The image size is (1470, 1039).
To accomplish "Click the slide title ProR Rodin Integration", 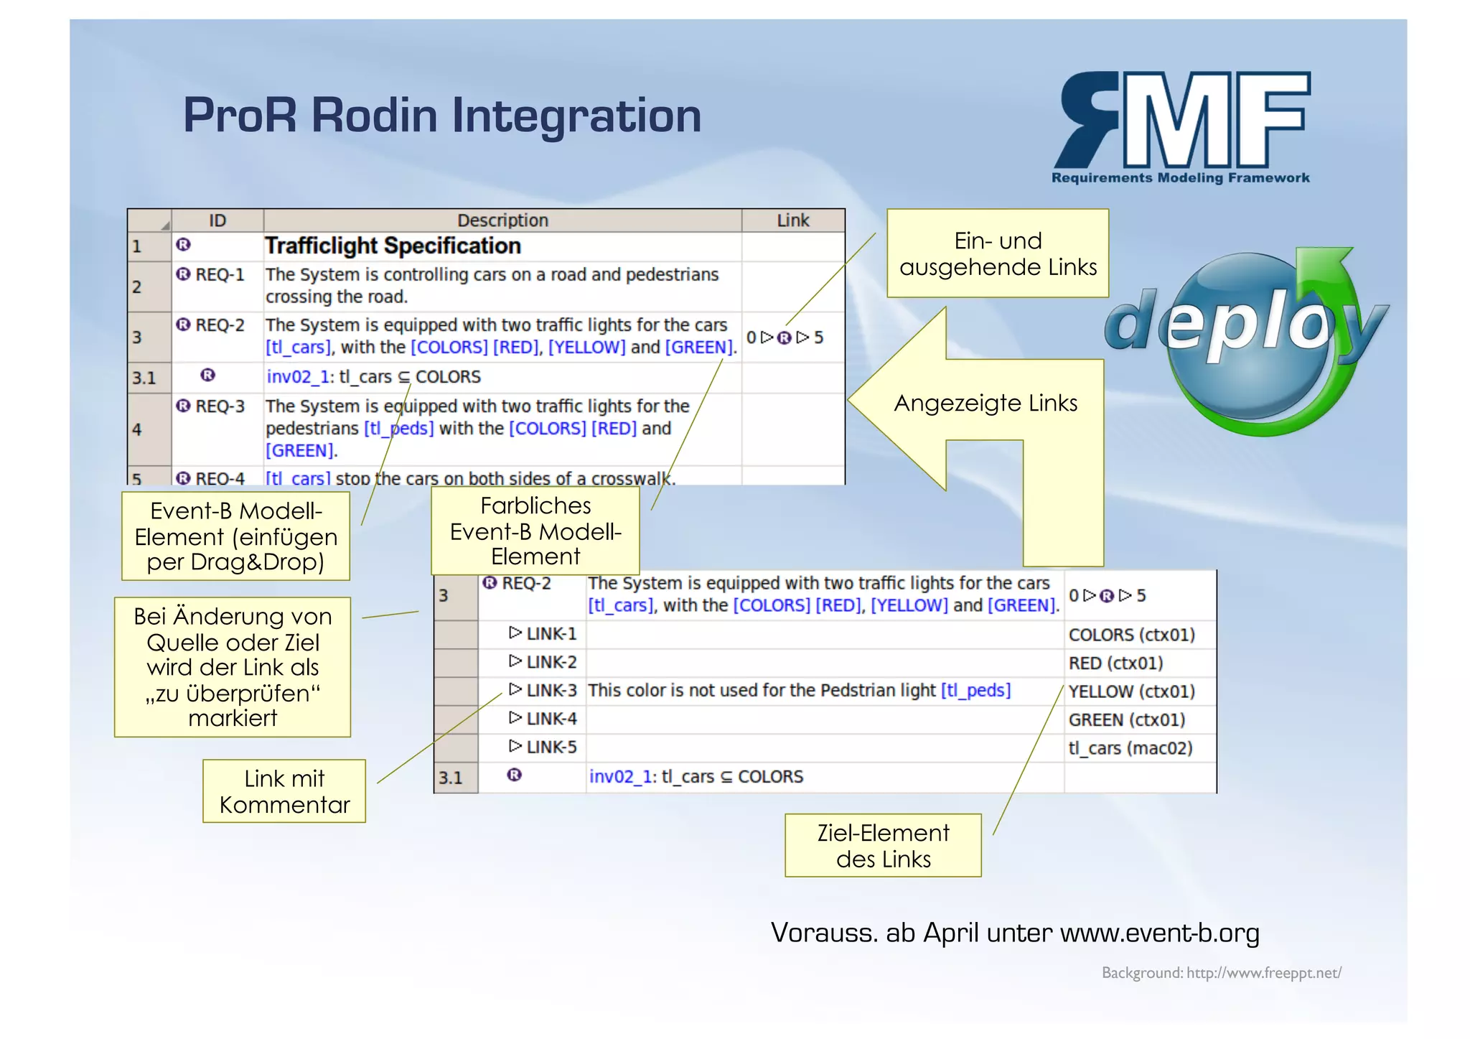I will click(441, 115).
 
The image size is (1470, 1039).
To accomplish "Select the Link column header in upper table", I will click(792, 220).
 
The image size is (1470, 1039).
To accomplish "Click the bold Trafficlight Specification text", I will click(393, 246).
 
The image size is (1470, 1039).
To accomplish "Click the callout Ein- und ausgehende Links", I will click(997, 253).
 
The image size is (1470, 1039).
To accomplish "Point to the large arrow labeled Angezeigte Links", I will click(985, 403).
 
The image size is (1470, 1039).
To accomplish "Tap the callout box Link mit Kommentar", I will click(284, 791).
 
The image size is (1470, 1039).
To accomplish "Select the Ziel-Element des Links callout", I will click(883, 845).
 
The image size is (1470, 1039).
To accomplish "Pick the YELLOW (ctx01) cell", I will click(1131, 691).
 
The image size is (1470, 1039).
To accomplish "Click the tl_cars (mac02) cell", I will click(1130, 748).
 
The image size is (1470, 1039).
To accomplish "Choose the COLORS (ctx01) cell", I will click(1131, 635).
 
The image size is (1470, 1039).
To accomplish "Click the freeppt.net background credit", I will click(1221, 973).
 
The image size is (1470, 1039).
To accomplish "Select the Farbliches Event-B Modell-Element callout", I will click(535, 531).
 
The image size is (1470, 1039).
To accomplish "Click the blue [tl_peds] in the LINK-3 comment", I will click(975, 691).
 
